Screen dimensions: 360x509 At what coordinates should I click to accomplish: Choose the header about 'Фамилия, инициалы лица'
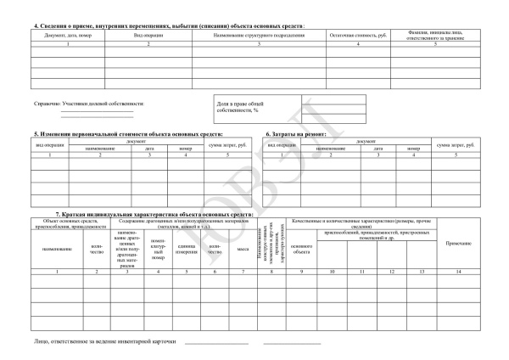tap(434, 37)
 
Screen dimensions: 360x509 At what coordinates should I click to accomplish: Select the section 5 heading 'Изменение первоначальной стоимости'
tap(127, 134)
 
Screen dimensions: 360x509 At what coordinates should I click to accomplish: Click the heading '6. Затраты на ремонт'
tap(296, 134)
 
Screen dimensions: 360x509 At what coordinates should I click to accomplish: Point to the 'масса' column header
tap(242, 249)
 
